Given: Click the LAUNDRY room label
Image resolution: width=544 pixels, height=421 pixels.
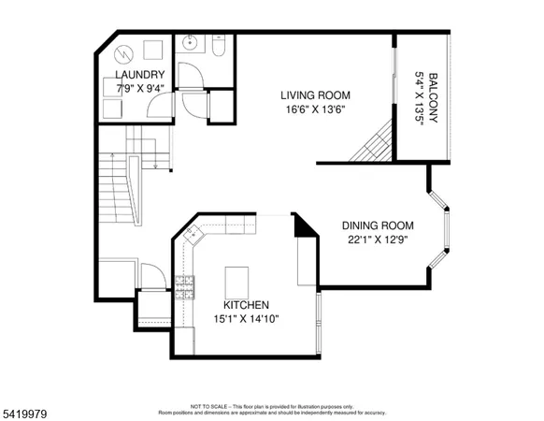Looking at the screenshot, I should [140, 75].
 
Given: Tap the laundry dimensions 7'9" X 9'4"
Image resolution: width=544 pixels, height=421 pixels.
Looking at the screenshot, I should [140, 89].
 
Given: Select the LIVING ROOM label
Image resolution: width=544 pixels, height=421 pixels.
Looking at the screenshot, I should [316, 94].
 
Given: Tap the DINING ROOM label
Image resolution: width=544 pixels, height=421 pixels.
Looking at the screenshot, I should [378, 225].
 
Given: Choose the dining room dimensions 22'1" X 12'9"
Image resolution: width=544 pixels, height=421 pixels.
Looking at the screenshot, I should [378, 240].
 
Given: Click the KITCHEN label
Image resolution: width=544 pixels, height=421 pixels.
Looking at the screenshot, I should [246, 305].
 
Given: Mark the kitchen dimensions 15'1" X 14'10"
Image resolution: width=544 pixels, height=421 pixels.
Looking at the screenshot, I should [246, 319].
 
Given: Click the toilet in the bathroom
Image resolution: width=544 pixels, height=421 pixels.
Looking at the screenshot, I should [217, 46].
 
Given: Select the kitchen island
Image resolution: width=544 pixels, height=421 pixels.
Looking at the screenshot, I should [238, 279].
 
